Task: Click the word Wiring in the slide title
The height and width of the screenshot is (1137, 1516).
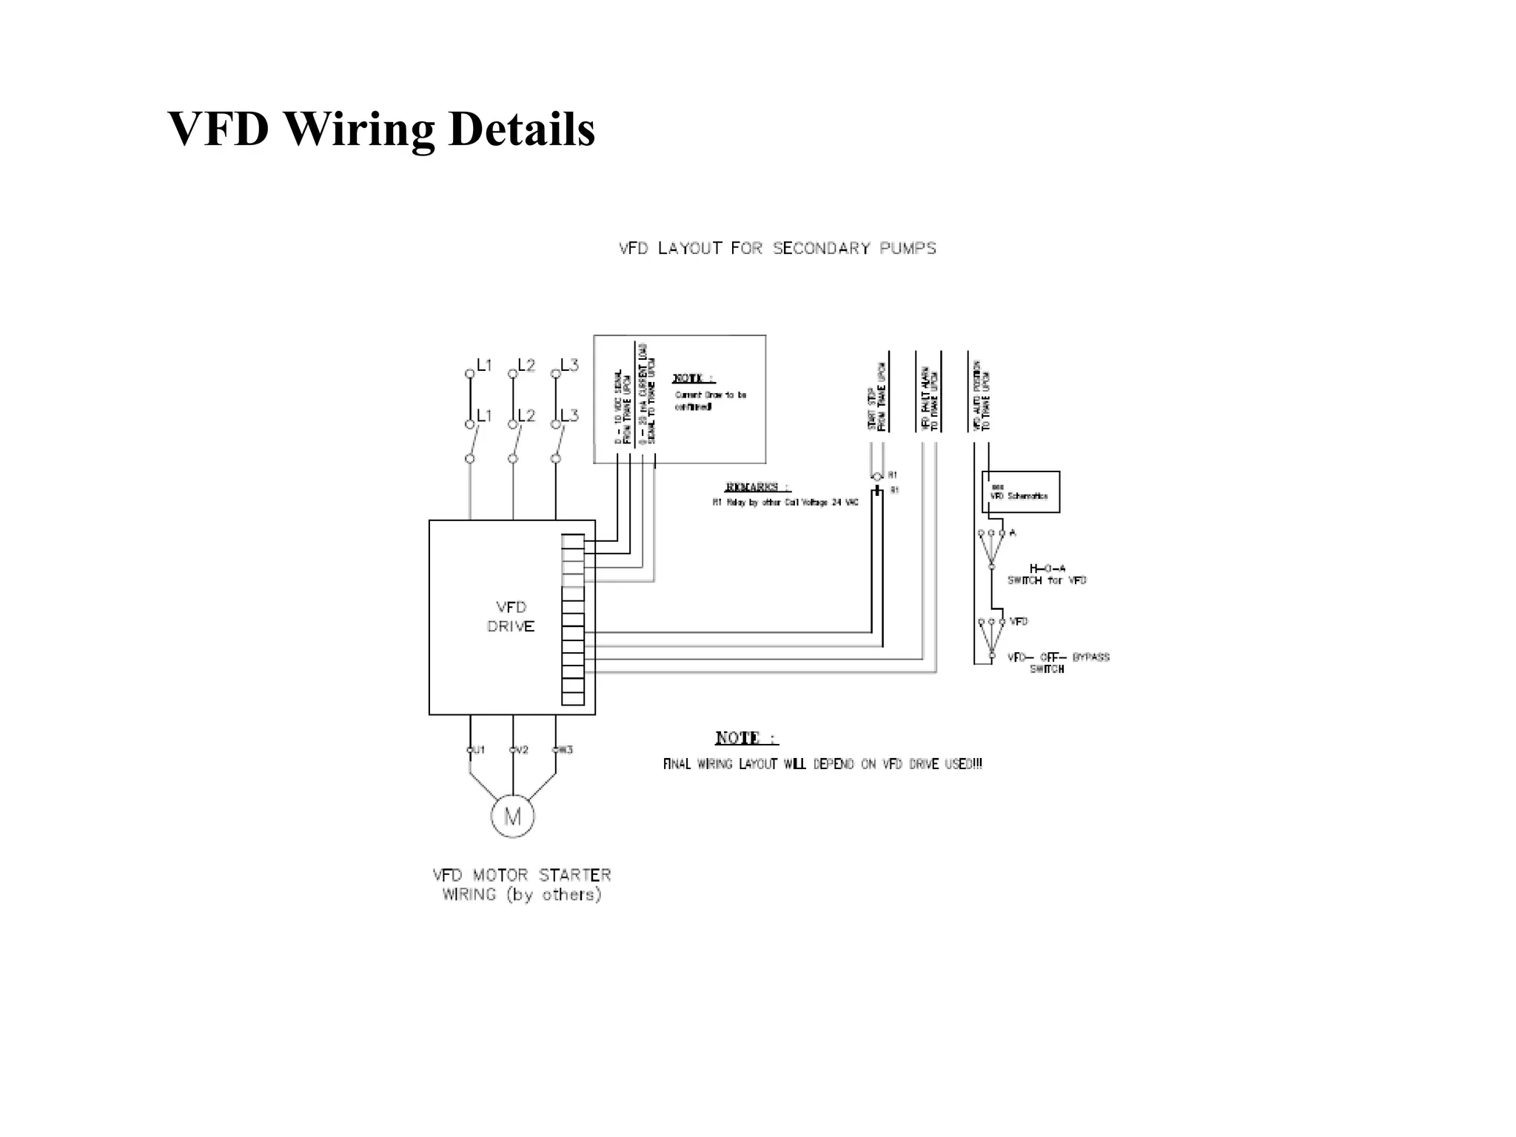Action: (360, 130)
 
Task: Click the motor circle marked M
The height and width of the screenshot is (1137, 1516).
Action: (512, 816)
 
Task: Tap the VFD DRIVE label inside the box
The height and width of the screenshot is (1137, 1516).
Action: (511, 617)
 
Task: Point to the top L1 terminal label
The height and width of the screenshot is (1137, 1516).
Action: (484, 365)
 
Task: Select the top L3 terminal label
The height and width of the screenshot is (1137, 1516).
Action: (569, 365)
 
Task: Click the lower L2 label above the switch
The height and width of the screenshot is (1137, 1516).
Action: (526, 415)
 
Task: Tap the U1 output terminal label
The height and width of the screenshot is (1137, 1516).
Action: (479, 750)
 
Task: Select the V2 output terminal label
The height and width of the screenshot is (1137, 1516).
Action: (522, 750)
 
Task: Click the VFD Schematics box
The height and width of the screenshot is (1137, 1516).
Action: (1021, 492)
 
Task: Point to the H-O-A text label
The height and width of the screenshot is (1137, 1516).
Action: (1047, 568)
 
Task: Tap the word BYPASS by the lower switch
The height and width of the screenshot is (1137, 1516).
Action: (1091, 657)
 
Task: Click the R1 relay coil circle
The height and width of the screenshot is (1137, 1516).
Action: (877, 476)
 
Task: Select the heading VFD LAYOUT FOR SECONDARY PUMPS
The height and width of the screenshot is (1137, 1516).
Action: (777, 249)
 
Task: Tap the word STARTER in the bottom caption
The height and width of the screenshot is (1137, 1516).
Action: (575, 876)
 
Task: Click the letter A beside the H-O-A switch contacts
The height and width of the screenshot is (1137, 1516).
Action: (1013, 533)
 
